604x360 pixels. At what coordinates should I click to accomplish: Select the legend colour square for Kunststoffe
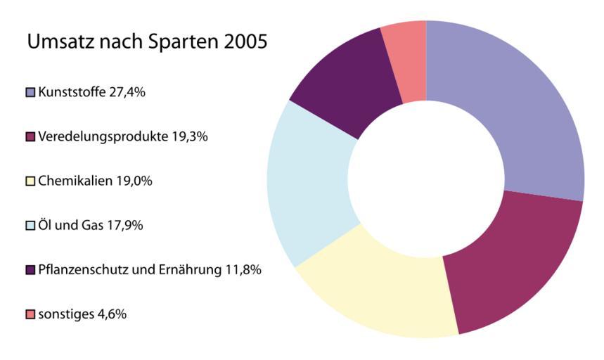click(31, 91)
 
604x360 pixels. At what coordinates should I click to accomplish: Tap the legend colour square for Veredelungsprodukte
click(31, 136)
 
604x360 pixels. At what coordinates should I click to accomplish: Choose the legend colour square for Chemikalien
click(31, 181)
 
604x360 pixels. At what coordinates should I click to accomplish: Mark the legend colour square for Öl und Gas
click(31, 226)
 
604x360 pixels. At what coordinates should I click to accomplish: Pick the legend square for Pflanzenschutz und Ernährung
click(31, 270)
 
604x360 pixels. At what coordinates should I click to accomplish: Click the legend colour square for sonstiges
click(31, 314)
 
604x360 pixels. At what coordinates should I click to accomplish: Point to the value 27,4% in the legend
click(127, 91)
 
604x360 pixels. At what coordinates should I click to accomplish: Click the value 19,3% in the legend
click(189, 136)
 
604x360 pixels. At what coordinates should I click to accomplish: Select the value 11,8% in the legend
click(243, 270)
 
